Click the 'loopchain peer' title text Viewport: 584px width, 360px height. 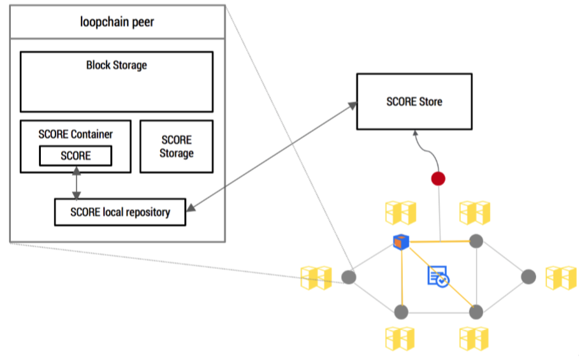[x=117, y=22]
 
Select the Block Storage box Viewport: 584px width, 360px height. [x=117, y=82]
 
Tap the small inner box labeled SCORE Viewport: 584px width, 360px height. [x=76, y=155]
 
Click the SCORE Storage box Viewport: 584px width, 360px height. [x=177, y=147]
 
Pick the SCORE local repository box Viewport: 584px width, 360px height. [x=120, y=212]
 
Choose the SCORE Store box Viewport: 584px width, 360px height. [x=414, y=102]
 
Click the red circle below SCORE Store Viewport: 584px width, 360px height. [x=438, y=178]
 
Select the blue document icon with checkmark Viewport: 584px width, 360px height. [x=438, y=276]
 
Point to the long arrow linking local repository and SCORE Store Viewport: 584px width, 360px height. [x=271, y=155]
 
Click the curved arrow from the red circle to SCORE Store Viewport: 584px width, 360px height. [x=424, y=150]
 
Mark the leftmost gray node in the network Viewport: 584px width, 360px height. [x=348, y=277]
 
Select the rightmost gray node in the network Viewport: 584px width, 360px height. [x=529, y=277]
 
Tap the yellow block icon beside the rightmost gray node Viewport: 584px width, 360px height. [x=560, y=278]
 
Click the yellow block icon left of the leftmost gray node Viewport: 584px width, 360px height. [x=317, y=278]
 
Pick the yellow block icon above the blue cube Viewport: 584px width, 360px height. [x=400, y=212]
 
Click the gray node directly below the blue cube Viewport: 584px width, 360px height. [x=401, y=312]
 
